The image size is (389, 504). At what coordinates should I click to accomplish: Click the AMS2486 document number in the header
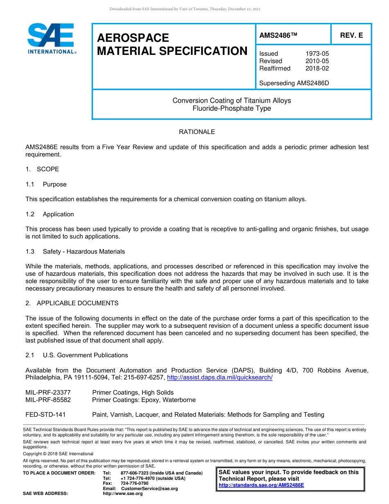(278, 35)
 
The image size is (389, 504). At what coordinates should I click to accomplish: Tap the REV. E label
(351, 35)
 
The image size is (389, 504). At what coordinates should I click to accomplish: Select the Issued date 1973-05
(317, 54)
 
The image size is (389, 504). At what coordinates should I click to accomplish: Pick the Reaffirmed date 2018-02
(317, 68)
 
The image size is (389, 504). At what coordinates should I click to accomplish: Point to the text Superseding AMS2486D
(294, 83)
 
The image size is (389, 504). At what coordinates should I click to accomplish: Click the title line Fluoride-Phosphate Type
(232, 109)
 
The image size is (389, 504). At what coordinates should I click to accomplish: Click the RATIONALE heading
(197, 132)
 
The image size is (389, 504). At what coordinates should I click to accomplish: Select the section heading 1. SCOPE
(42, 169)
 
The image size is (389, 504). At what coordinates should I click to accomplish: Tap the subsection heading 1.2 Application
(50, 214)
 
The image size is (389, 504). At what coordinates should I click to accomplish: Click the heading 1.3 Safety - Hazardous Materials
(75, 252)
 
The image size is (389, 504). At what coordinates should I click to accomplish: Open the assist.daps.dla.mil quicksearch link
(220, 377)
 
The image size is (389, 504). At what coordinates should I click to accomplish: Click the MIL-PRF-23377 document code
(48, 393)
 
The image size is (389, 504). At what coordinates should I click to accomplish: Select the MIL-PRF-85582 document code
(48, 400)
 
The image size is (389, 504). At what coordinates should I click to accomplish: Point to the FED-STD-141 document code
(45, 415)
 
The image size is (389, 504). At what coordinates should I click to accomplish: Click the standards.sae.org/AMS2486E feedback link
(261, 485)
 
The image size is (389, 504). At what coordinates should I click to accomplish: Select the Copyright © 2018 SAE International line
(58, 454)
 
